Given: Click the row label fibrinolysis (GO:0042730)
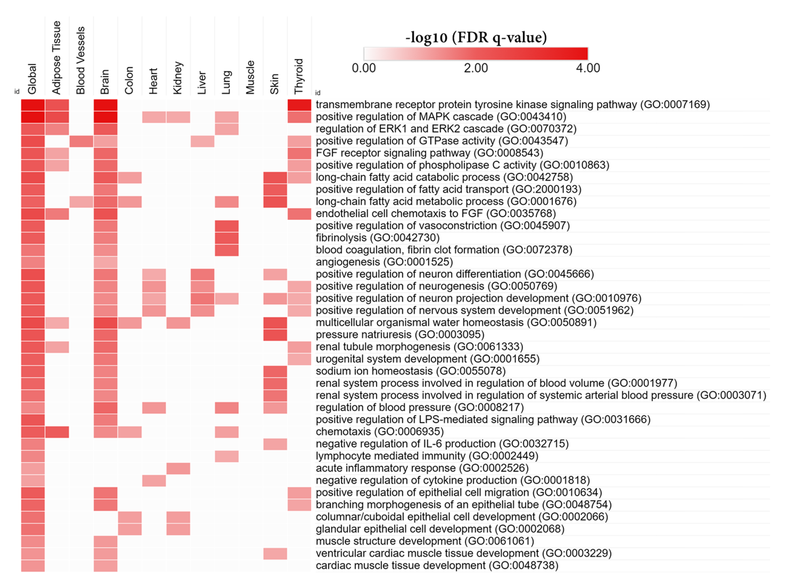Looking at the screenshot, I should (377, 238).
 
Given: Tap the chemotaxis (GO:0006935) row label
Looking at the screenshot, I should (379, 432).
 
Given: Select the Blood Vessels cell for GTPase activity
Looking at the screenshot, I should (81, 141).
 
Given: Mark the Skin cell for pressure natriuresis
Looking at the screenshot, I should (275, 335).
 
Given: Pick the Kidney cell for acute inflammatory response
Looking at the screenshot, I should (178, 468).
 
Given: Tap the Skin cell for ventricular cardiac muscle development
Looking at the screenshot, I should (275, 553).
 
